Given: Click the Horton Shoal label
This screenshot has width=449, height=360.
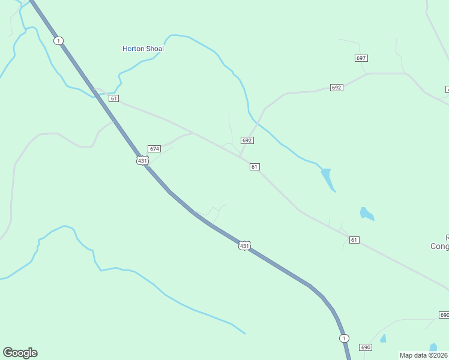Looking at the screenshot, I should (143, 49).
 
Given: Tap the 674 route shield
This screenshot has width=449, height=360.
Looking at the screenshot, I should (154, 148).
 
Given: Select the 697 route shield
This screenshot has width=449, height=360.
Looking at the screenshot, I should (361, 58).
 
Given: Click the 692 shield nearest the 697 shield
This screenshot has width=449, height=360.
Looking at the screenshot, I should (336, 88).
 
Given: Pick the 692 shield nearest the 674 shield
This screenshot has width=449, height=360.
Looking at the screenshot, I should (247, 140).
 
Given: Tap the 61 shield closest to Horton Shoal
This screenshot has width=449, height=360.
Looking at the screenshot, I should (114, 98).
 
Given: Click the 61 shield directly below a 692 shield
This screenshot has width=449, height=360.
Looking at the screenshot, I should (255, 166).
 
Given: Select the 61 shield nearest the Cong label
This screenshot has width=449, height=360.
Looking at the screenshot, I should (354, 240).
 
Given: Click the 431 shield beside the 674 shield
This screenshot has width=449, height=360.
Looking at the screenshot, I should (142, 160).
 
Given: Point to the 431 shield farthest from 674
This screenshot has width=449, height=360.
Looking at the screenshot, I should (244, 245).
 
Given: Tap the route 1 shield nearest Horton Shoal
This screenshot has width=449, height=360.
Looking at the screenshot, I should (58, 40).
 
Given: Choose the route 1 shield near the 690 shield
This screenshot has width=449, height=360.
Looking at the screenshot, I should (343, 338).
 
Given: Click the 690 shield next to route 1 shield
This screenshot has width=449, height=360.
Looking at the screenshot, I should (366, 347).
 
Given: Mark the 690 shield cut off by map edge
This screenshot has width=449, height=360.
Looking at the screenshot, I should (444, 315).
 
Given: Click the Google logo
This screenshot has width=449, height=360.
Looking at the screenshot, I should (20, 353).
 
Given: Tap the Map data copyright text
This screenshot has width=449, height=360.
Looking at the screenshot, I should (424, 355).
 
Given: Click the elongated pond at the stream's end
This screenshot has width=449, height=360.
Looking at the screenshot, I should (327, 179).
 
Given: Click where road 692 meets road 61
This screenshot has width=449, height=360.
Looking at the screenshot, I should (240, 156).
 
